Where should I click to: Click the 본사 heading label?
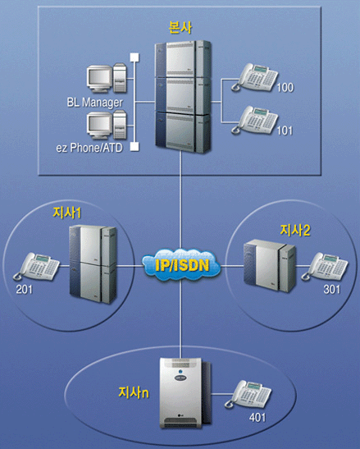180,27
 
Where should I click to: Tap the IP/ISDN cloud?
181,265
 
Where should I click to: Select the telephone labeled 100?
254,77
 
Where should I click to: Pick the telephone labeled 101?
254,120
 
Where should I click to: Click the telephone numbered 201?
36,266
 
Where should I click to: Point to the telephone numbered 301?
325,266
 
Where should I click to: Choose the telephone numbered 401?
248,394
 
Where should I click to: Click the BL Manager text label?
95,103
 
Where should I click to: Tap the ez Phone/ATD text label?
89,148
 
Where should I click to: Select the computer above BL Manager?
107,78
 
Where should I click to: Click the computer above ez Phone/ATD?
107,125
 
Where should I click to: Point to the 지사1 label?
67,213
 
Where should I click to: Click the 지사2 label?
295,231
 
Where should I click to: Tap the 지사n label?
134,392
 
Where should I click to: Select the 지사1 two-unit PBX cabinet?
93,264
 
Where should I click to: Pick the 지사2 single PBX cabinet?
270,266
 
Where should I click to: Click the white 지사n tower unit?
185,393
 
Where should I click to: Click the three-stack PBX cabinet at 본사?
183,97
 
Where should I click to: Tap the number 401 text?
257,418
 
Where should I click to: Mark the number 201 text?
25,290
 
